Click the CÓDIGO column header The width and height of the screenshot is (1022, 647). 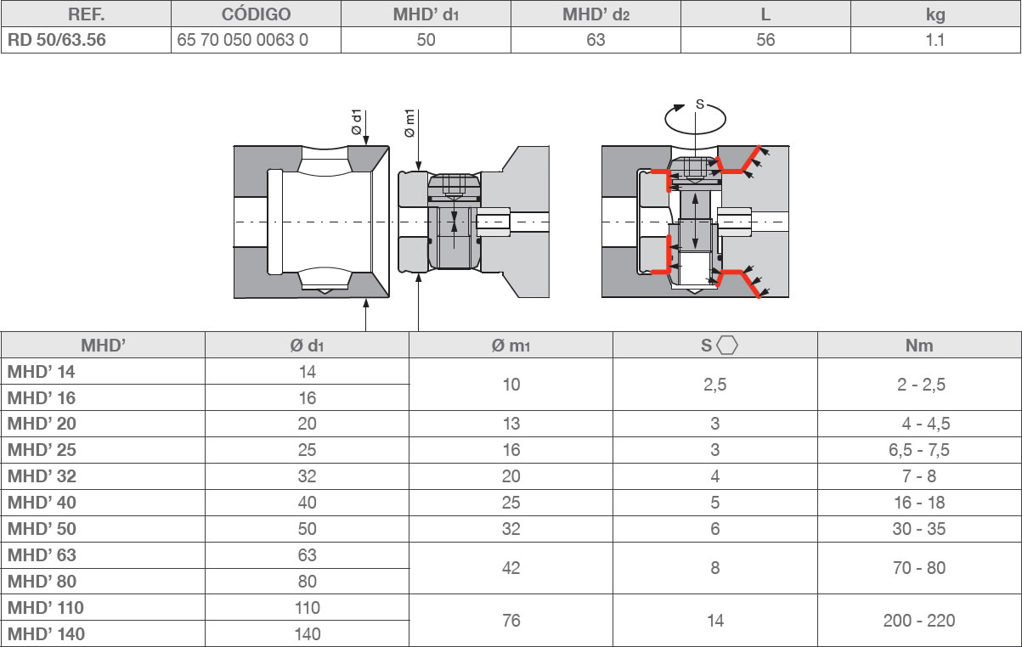coord(256,14)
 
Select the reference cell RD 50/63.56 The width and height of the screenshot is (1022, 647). coord(57,40)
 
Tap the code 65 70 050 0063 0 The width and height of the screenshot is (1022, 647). coord(243,40)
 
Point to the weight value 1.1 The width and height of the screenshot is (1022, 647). coord(934,40)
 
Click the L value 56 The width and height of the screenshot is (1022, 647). coord(765,40)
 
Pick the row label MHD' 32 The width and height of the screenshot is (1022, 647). coord(42,476)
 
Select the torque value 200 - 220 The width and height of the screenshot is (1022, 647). coord(919,621)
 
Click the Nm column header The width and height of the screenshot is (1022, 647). coord(919,346)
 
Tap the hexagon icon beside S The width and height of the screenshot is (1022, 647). coord(727,346)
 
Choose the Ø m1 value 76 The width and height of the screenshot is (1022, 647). coord(511,621)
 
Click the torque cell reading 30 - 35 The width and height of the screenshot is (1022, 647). coord(919,529)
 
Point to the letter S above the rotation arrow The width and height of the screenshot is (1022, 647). coord(699,104)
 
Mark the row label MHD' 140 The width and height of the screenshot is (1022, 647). coord(46,634)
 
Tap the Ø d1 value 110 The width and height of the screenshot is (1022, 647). coord(307,608)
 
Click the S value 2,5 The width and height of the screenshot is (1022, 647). coord(715,385)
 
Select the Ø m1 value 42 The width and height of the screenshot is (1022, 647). coord(511,568)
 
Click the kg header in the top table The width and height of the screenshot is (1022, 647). coord(934,14)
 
